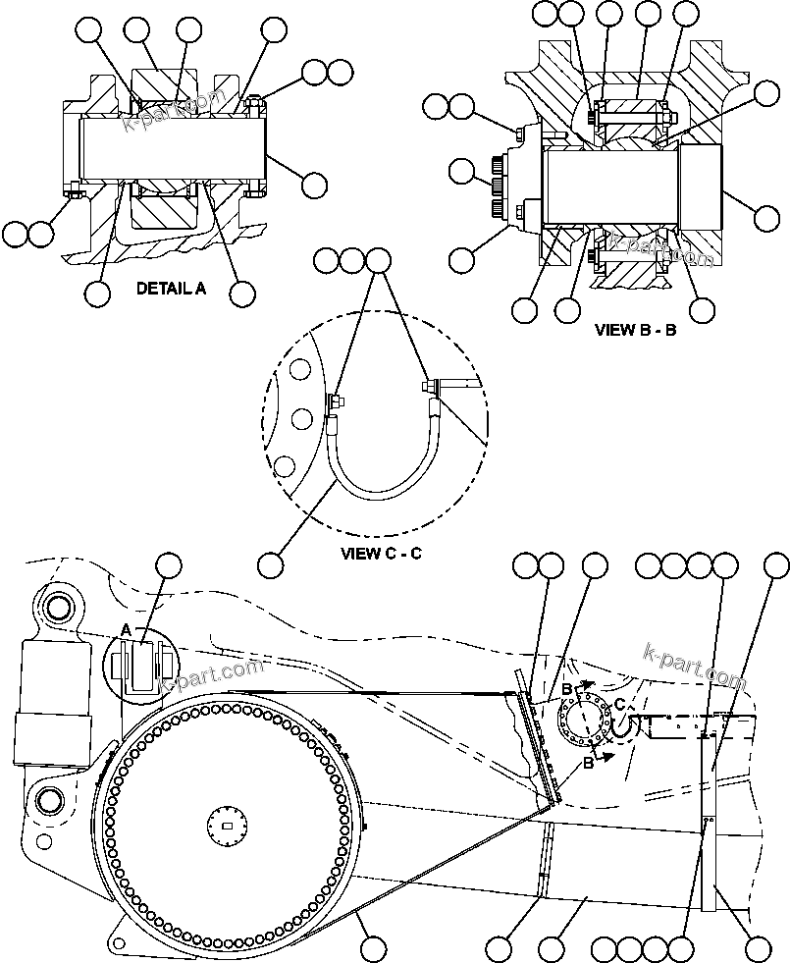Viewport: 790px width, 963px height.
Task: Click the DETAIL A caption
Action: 171,289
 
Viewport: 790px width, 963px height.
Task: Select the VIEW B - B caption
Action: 635,330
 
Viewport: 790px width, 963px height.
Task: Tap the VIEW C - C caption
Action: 381,553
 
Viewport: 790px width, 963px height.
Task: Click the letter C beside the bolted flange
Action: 619,704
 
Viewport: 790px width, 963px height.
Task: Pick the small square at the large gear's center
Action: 228,826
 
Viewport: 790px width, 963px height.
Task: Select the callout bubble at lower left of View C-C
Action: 271,564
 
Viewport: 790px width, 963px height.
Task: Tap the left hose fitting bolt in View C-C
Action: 334,401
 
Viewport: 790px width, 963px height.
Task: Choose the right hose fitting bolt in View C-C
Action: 429,389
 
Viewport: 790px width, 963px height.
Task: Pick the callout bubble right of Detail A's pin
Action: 314,184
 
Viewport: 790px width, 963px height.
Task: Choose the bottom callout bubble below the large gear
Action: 372,948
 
